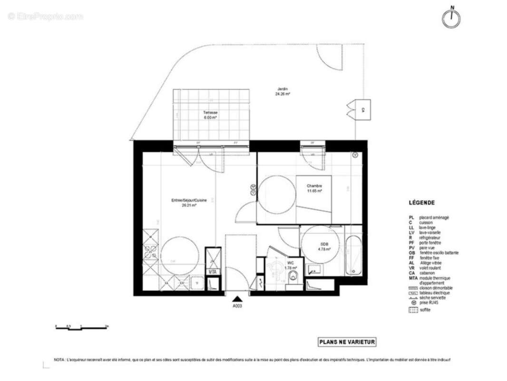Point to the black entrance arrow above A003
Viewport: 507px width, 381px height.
[x=237, y=299]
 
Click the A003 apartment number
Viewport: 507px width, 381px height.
[x=237, y=306]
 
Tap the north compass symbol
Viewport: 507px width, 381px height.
[x=451, y=18]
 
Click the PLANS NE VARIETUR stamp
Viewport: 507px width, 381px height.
[x=347, y=342]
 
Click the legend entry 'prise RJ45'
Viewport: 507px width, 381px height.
[x=429, y=303]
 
